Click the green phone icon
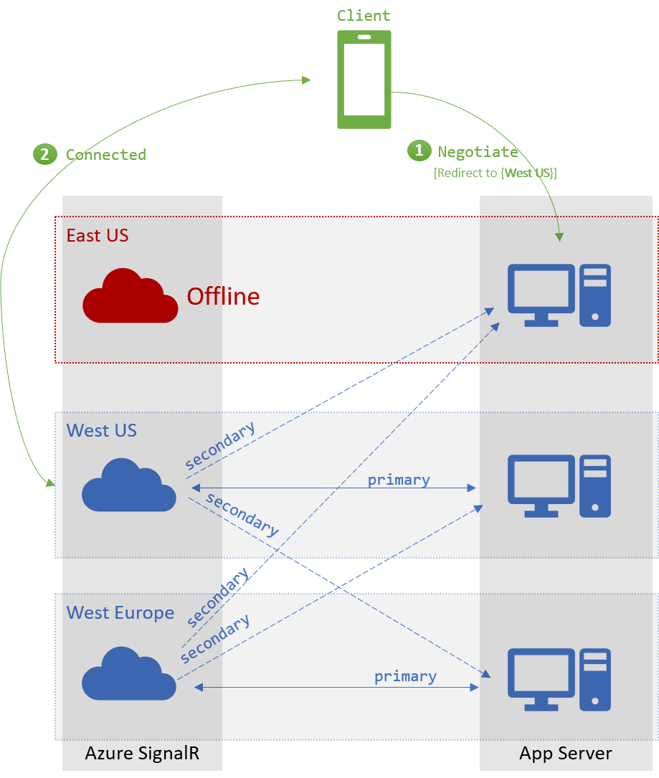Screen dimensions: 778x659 click(364, 80)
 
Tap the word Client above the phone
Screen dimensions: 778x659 click(364, 16)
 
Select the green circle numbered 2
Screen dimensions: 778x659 click(44, 154)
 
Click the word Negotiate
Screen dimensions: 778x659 click(478, 152)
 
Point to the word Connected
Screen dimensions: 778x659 click(106, 155)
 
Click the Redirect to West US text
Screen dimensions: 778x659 click(496, 173)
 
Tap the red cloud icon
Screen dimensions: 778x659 click(130, 296)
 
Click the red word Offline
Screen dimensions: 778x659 click(223, 296)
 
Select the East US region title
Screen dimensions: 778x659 click(98, 236)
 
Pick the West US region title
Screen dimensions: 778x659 click(102, 430)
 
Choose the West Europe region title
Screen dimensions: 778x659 click(120, 613)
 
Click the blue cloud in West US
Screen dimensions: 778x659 click(129, 485)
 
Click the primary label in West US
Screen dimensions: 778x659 click(399, 480)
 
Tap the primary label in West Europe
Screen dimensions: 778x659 click(405, 676)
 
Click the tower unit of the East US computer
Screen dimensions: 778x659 click(595, 295)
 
